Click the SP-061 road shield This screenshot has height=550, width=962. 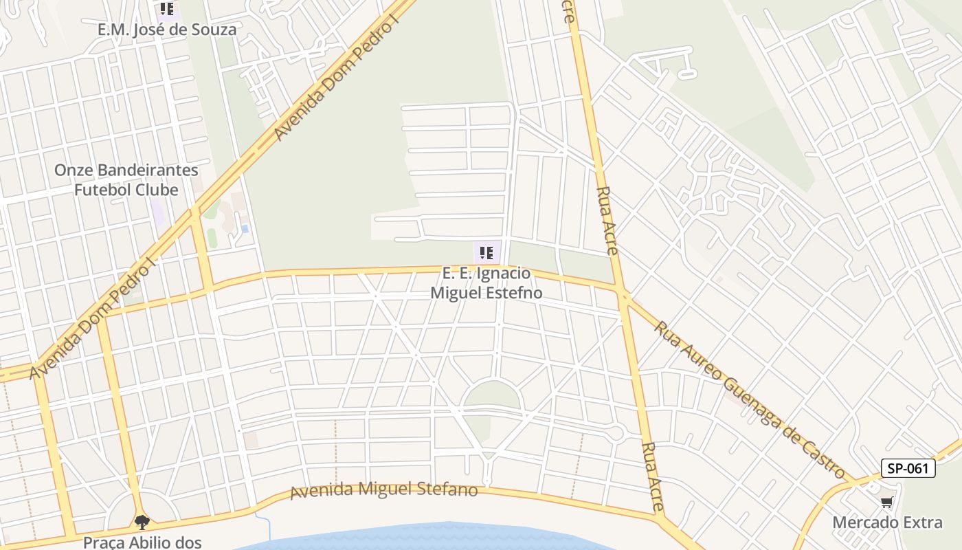point(908,469)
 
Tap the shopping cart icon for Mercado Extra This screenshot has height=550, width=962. point(887,503)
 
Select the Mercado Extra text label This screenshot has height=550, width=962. point(887,522)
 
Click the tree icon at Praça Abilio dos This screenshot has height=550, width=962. point(142,522)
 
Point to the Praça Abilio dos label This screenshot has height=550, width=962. point(142,542)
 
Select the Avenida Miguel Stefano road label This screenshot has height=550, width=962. point(383,490)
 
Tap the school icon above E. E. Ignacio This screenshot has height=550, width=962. point(486,252)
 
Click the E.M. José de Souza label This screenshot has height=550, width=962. point(167,30)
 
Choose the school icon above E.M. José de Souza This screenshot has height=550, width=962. point(167,9)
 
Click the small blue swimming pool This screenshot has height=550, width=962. point(245,228)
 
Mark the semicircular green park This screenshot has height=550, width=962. point(491,395)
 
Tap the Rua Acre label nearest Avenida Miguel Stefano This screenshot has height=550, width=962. point(652,476)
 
